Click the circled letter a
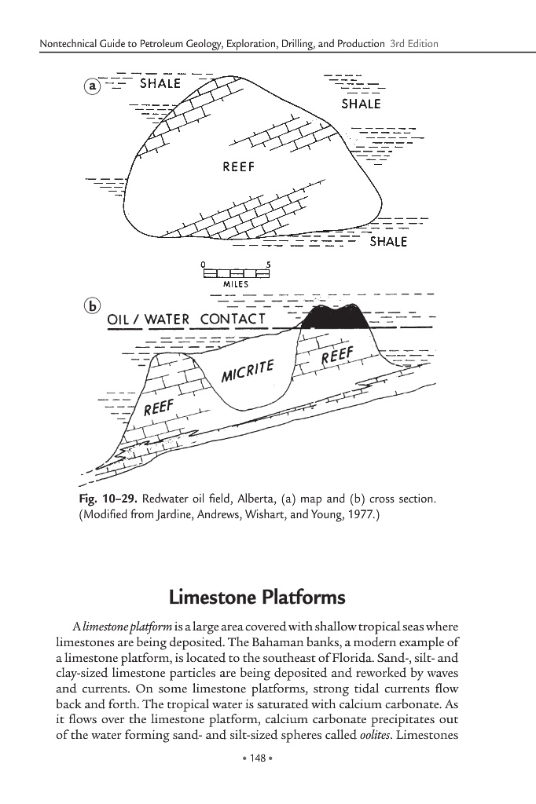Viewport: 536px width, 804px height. [93, 87]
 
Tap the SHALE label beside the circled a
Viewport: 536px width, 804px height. [160, 83]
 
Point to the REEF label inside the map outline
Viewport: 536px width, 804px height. [239, 166]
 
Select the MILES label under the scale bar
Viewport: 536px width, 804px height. [236, 283]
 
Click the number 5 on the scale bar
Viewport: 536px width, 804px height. [269, 265]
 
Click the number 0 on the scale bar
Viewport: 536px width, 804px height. [203, 265]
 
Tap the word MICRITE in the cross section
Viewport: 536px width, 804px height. [247, 369]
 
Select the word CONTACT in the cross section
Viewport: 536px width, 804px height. [235, 320]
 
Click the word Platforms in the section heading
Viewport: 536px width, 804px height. [302, 598]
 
